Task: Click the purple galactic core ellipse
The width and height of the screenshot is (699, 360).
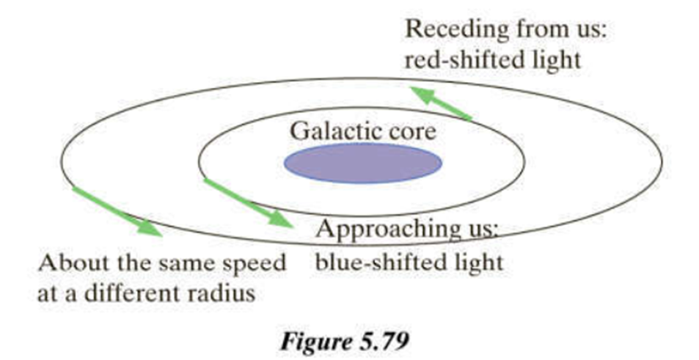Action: (363, 162)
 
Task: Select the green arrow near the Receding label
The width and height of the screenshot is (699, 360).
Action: (439, 102)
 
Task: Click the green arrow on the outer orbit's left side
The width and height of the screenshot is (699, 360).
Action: (117, 211)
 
